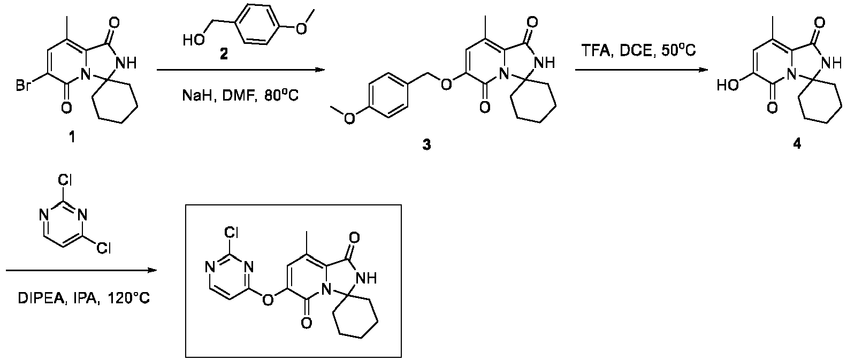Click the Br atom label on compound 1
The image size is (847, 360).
click(24, 86)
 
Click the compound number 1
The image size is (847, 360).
click(71, 137)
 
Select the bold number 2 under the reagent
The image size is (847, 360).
click(224, 55)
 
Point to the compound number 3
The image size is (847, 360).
click(426, 144)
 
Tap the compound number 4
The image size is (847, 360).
click(796, 144)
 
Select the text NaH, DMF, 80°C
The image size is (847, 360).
click(240, 96)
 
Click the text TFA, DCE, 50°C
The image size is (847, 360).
click(638, 51)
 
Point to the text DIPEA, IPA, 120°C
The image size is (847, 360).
click(84, 298)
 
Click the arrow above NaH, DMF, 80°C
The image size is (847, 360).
click(240, 70)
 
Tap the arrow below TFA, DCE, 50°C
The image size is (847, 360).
click(642, 70)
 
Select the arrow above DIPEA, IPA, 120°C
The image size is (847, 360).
click(81, 270)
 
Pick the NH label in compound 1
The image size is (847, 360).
click(126, 64)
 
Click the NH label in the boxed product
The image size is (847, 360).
click(366, 279)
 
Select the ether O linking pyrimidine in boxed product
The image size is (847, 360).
click(268, 300)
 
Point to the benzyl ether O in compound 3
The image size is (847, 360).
click(446, 85)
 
